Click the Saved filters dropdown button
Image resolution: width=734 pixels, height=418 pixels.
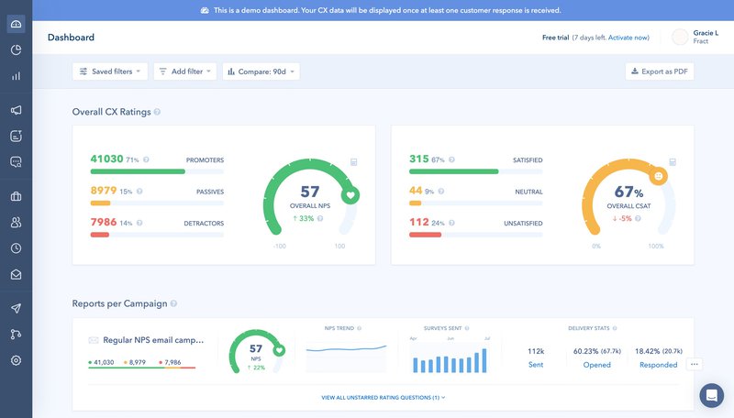click(x=110, y=71)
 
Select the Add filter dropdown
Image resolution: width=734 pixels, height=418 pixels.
click(x=184, y=71)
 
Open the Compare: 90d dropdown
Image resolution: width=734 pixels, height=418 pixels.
click(x=261, y=71)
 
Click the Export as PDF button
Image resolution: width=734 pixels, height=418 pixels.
click(x=660, y=71)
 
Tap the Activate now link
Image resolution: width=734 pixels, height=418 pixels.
click(x=628, y=38)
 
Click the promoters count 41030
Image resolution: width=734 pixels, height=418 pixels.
click(x=106, y=159)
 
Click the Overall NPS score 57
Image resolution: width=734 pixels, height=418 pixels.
click(x=310, y=191)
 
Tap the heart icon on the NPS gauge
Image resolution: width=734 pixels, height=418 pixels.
click(x=350, y=195)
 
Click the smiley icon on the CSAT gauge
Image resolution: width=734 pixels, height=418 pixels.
click(x=658, y=174)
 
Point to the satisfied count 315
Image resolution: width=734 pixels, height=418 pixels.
click(x=418, y=159)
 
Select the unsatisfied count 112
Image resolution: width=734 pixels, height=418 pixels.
click(x=418, y=222)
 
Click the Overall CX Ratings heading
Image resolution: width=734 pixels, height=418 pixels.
click(x=111, y=112)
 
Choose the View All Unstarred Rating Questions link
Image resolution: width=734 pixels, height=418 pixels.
click(x=381, y=398)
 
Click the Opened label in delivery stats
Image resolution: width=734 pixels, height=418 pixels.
click(x=596, y=365)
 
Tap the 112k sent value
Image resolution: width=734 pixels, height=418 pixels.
click(x=536, y=350)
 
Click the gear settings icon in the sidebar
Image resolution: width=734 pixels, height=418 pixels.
click(x=16, y=360)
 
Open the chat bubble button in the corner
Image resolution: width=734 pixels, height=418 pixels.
click(x=711, y=395)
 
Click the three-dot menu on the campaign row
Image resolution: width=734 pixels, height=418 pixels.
click(x=695, y=364)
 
